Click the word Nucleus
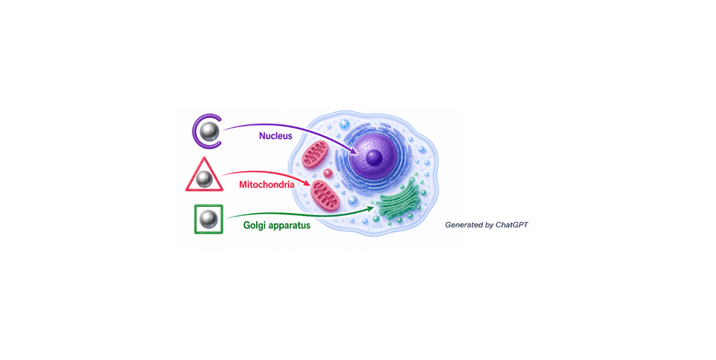276,136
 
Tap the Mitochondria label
267,185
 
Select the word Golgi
254,226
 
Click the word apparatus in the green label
289,226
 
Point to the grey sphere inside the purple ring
210,132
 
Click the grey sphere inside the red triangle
204,178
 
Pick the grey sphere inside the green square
209,219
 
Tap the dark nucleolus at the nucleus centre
374,159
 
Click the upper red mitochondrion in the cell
316,154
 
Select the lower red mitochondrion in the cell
325,195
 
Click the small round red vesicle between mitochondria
328,174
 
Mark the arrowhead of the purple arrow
354,152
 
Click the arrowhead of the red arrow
309,184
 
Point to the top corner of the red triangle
204,158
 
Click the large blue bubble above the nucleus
345,124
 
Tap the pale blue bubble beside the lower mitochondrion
353,201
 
